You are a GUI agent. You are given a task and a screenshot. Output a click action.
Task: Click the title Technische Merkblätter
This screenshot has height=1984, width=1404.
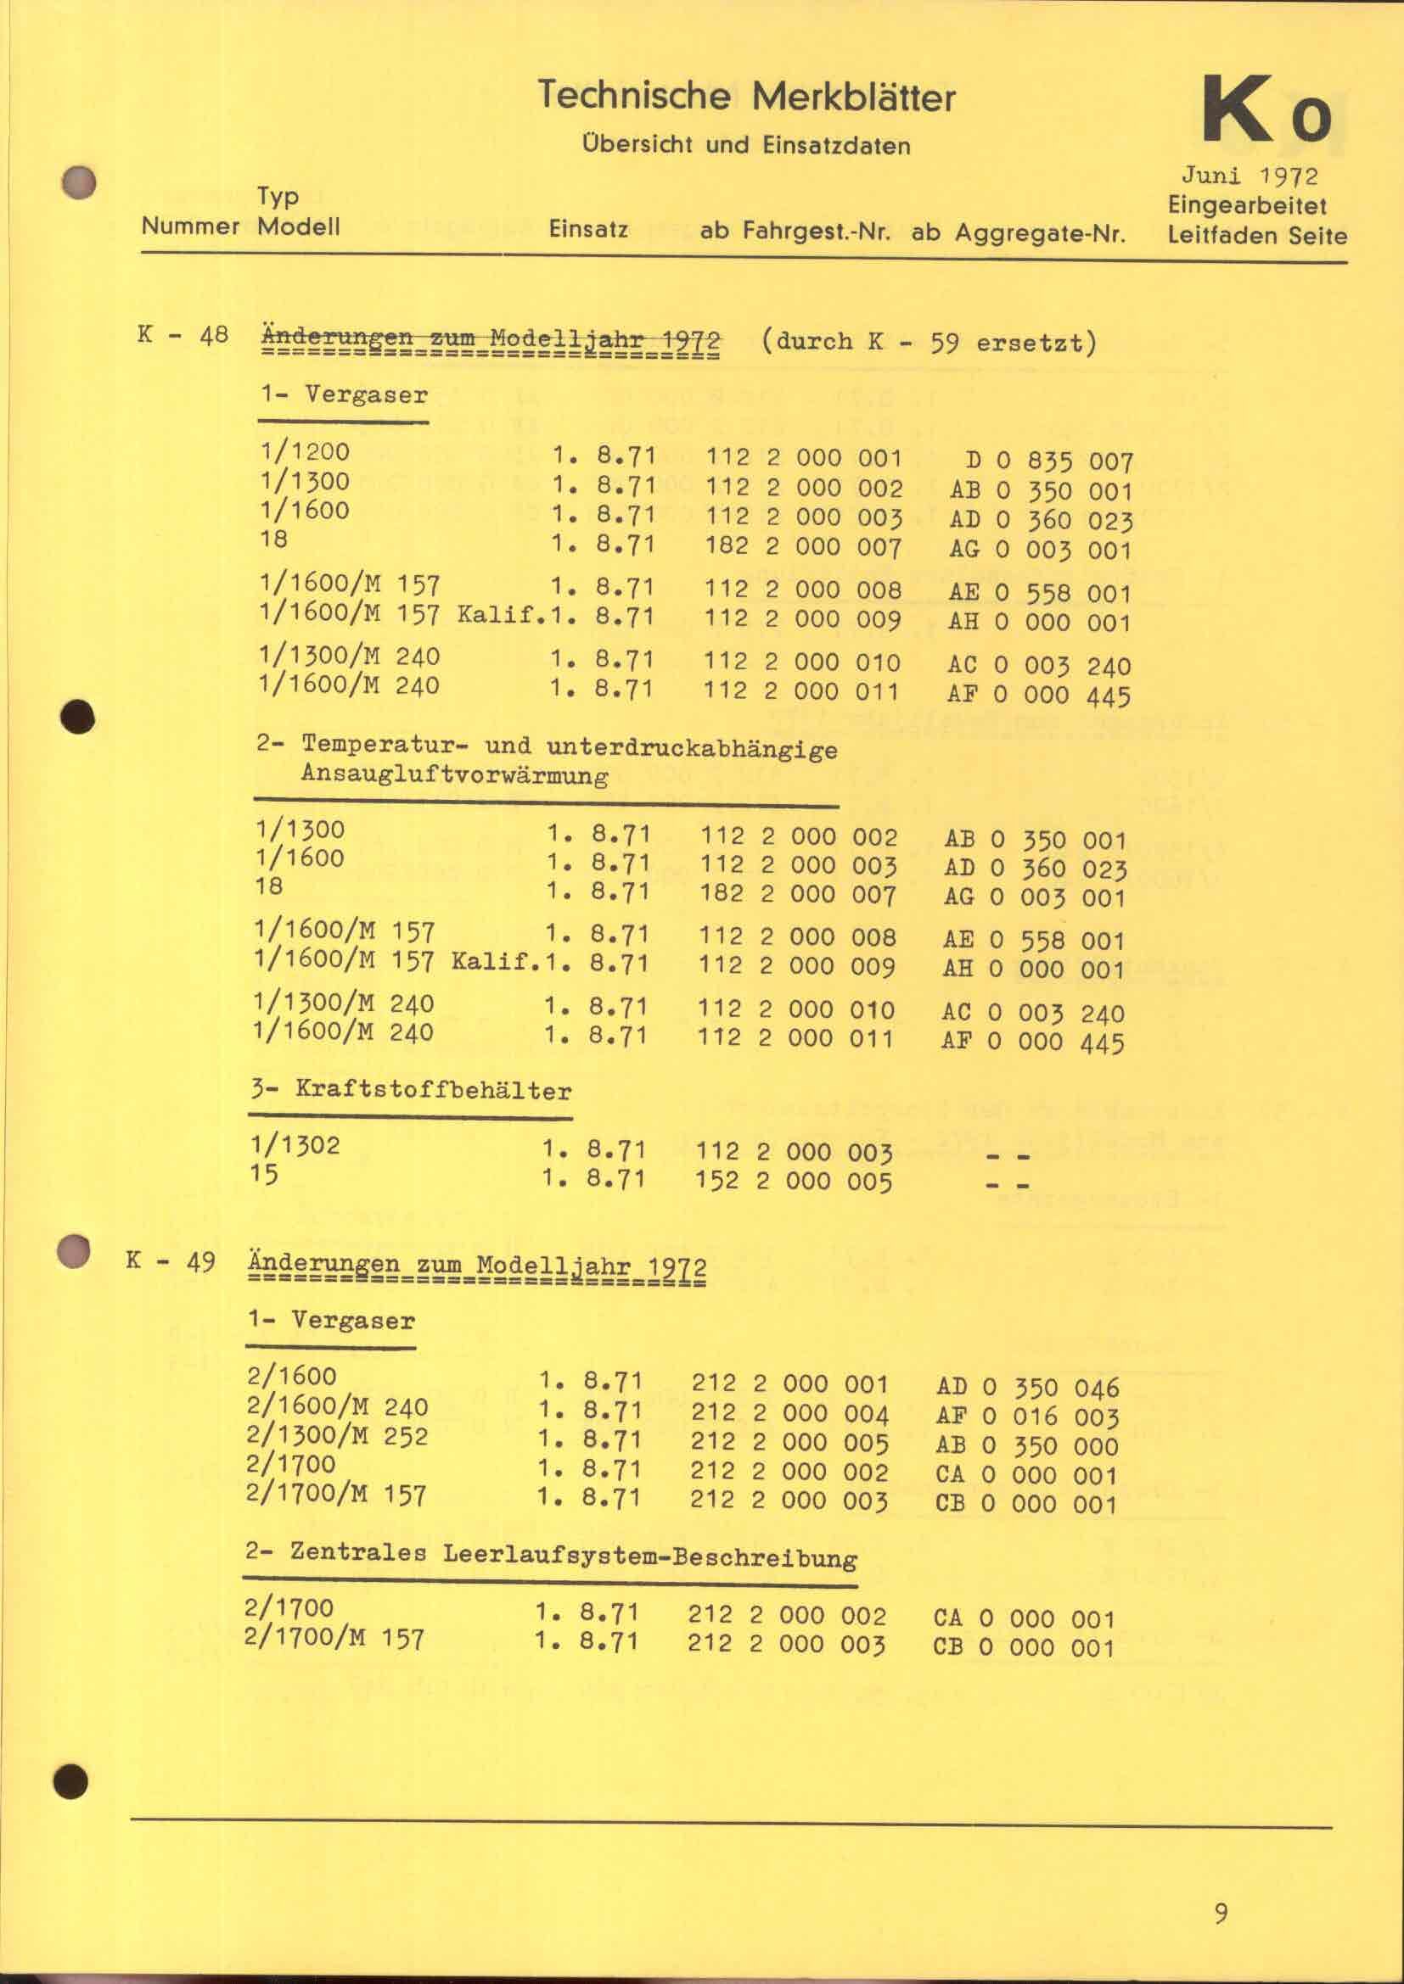746,96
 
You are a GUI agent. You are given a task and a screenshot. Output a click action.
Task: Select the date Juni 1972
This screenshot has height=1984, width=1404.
1250,176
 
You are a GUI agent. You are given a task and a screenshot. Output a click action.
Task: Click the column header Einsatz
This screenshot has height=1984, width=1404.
588,230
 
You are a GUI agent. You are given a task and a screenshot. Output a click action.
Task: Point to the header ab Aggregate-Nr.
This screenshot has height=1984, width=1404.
1019,232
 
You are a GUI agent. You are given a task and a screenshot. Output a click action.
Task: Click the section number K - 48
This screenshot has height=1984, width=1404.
183,335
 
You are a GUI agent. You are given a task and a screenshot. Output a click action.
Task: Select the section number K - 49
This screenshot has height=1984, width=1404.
171,1261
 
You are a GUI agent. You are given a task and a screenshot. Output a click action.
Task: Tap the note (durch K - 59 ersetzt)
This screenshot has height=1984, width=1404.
929,342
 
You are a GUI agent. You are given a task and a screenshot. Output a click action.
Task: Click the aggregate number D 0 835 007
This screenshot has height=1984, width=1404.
1048,461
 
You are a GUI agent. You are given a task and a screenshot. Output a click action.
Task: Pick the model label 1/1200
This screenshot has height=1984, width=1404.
306,451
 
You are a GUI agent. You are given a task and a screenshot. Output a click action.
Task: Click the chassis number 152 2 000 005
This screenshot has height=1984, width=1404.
794,1181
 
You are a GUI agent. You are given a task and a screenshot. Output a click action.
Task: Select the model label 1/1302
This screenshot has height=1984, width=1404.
295,1145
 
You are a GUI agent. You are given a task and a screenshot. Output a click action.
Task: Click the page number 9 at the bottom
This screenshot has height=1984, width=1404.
1221,1913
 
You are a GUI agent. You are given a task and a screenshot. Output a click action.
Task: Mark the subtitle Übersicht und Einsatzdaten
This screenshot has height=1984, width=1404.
747,145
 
